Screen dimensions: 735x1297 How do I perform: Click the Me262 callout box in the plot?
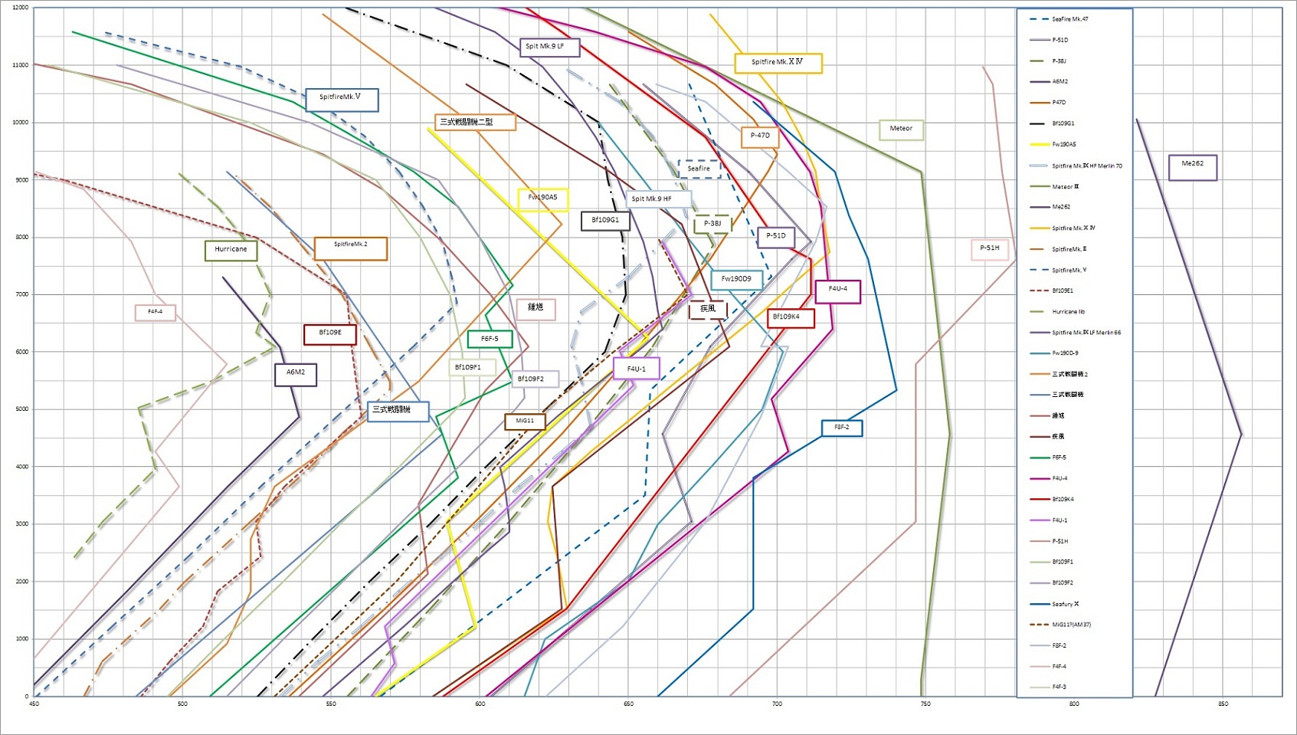[x=1192, y=167]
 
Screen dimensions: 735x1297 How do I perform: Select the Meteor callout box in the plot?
[x=901, y=130]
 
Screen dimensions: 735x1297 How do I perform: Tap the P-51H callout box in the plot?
[x=990, y=249]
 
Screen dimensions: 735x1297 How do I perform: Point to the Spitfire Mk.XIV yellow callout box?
[x=778, y=63]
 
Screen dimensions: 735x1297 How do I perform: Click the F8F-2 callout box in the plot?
[x=842, y=428]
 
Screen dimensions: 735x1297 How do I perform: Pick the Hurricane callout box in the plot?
[x=231, y=250]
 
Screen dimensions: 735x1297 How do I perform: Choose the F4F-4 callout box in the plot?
[x=156, y=313]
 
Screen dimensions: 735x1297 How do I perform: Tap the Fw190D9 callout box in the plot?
[x=736, y=280]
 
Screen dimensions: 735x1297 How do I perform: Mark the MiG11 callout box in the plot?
[x=525, y=422]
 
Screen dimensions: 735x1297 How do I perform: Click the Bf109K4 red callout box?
[x=790, y=317]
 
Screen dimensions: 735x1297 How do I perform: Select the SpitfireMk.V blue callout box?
[x=341, y=99]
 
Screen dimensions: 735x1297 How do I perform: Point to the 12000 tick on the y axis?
[x=21, y=8]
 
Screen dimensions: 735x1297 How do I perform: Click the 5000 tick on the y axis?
[x=21, y=409]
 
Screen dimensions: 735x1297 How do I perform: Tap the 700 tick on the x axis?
[x=777, y=704]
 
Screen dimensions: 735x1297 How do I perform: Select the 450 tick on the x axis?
[x=34, y=704]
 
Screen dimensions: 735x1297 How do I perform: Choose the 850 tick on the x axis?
[x=1223, y=704]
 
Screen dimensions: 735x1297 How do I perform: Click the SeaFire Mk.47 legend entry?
[x=1069, y=19]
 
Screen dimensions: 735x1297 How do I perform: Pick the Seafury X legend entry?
[x=1065, y=604]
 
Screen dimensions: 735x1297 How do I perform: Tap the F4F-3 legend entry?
[x=1059, y=687]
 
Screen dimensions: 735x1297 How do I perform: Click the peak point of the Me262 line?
[x=1241, y=435]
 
